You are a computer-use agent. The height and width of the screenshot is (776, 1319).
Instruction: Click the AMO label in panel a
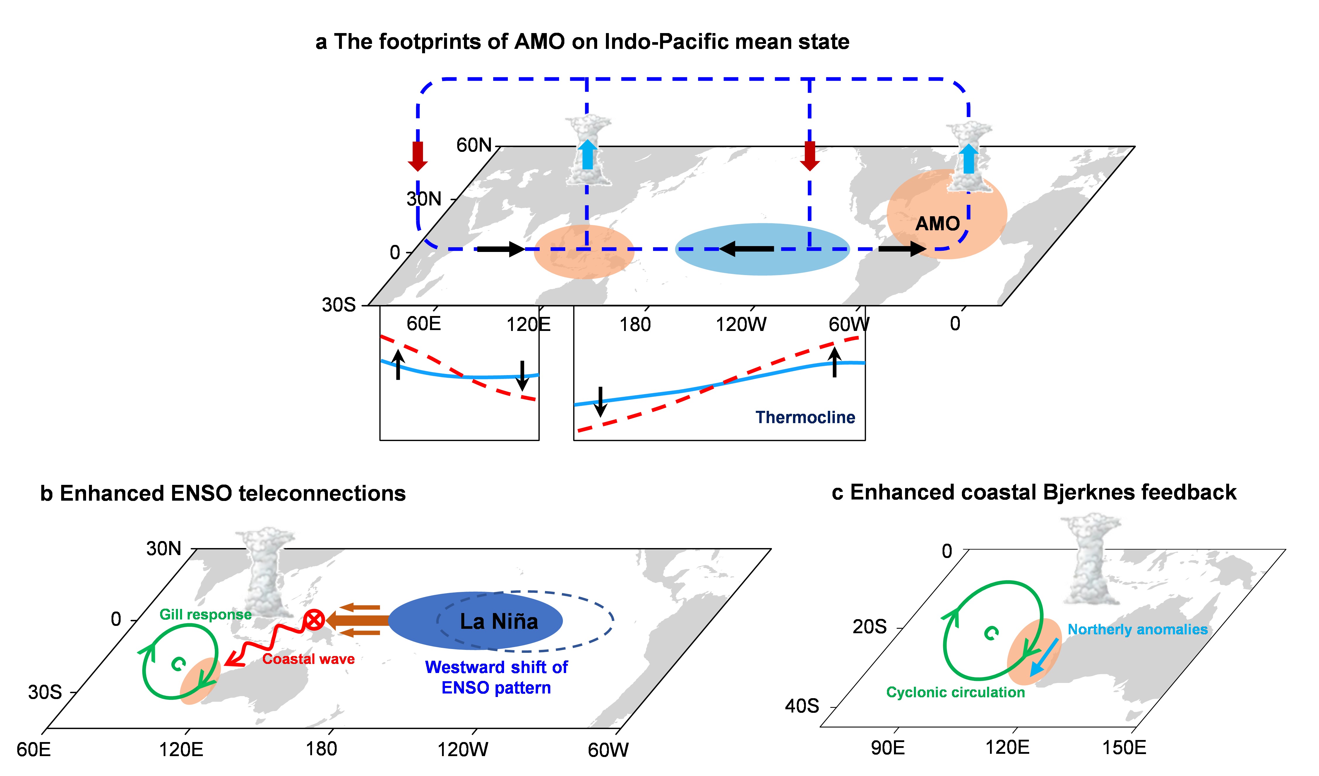pos(937,224)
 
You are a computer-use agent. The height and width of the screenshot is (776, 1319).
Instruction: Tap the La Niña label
pos(499,622)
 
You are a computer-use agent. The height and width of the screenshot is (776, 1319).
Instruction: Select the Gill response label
pos(205,614)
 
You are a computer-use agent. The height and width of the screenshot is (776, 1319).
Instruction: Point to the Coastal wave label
pos(308,659)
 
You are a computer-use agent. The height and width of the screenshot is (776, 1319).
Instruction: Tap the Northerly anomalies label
pos(1138,629)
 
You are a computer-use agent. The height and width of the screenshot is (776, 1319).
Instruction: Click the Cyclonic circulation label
pos(955,692)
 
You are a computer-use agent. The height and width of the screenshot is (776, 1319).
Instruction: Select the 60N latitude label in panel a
pos(474,145)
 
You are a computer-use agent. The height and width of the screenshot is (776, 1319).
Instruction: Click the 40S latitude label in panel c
pos(801,706)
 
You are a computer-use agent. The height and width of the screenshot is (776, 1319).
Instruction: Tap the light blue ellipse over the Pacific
pos(762,249)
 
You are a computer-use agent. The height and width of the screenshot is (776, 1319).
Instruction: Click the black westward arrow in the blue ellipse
pos(746,249)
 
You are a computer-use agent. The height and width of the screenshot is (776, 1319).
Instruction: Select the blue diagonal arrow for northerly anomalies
pos(1044,657)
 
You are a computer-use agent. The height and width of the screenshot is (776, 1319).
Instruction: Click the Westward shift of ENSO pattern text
pos(496,677)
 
